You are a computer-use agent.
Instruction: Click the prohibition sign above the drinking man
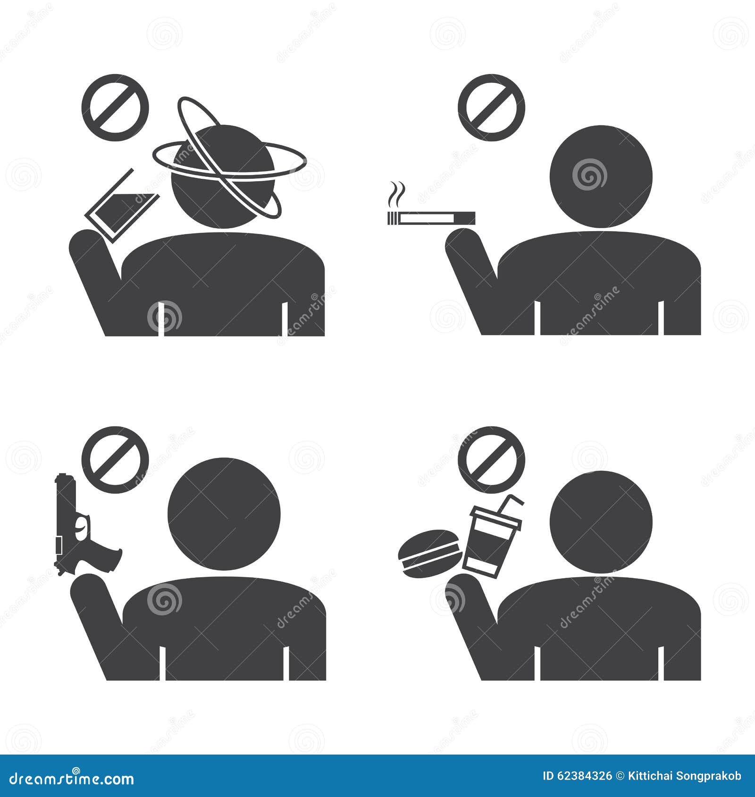(115, 108)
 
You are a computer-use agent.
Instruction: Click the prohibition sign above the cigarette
(491, 108)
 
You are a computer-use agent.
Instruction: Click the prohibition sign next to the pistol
(115, 460)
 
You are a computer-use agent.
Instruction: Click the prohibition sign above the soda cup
(491, 460)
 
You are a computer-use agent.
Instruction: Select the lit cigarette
(431, 218)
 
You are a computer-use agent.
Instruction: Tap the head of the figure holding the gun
(224, 514)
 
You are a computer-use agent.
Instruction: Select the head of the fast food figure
(601, 521)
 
